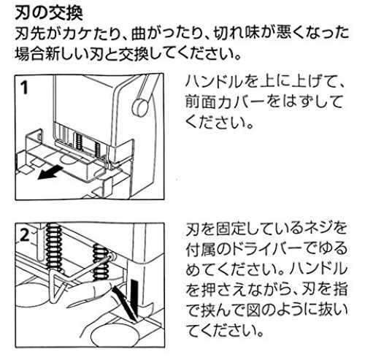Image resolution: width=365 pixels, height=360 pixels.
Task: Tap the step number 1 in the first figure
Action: [x=24, y=88]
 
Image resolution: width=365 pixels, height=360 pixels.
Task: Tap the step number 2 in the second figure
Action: [x=25, y=235]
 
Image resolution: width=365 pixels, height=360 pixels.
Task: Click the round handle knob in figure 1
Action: [x=139, y=107]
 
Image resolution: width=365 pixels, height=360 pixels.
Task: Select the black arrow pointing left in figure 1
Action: [x=50, y=172]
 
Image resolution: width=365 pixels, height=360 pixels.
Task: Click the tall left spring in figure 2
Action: [x=53, y=246]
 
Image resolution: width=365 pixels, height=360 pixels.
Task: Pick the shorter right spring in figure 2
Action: [x=100, y=262]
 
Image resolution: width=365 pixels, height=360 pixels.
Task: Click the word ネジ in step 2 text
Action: [x=308, y=229]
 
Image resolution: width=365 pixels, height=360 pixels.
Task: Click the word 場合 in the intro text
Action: [x=30, y=54]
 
